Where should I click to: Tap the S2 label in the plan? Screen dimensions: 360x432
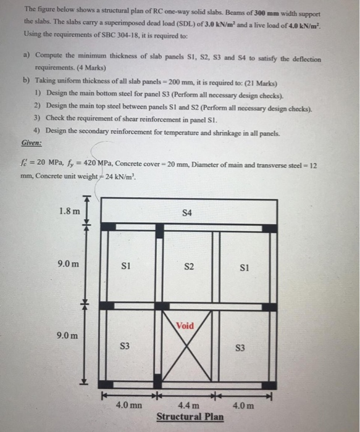tap(189, 267)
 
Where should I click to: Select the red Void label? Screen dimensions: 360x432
tap(185, 325)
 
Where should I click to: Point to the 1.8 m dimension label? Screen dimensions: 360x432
tap(69, 211)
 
